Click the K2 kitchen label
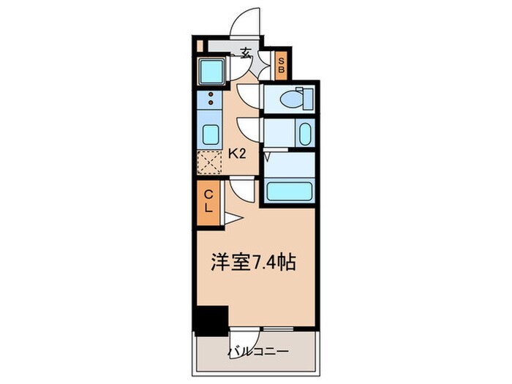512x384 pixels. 236,154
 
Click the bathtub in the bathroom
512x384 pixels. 289,192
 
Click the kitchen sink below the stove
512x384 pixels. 209,135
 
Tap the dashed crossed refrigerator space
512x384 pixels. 209,161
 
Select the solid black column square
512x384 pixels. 210,320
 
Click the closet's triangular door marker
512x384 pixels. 230,217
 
